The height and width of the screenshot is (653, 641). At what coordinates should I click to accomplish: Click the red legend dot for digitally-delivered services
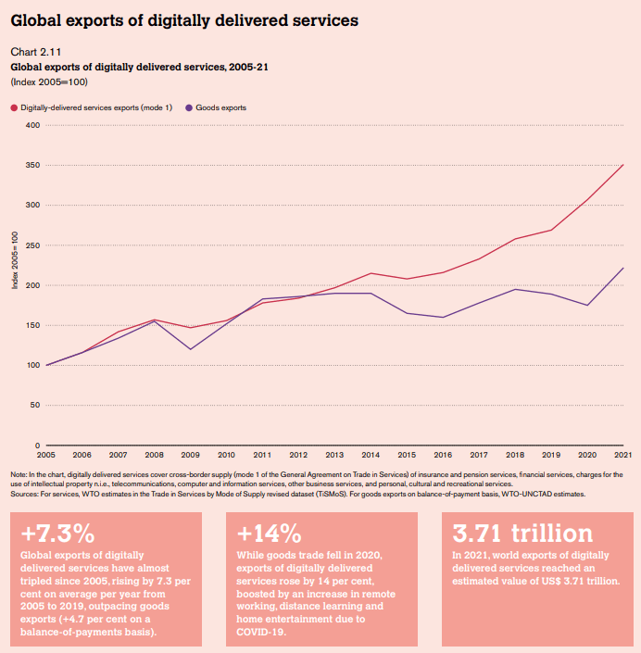[x=14, y=107]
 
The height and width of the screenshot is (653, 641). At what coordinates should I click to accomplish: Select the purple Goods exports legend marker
[x=190, y=107]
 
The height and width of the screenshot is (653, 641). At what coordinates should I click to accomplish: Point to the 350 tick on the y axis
[x=33, y=165]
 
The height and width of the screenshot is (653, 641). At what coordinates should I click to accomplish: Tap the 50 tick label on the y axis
[x=35, y=405]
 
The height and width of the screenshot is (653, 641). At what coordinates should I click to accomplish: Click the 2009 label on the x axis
[x=190, y=455]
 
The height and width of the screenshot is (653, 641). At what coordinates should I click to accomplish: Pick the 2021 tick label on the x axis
[x=623, y=455]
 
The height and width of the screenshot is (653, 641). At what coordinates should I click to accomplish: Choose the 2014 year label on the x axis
[x=371, y=455]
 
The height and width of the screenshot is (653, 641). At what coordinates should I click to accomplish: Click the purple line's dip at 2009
[x=191, y=349]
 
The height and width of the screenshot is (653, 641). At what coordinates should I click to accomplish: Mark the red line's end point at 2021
[x=623, y=165]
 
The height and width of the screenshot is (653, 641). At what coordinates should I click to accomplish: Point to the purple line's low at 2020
[x=587, y=305]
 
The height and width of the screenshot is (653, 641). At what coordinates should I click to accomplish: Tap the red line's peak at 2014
[x=371, y=273]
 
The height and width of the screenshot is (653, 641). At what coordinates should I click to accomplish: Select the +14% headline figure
[x=270, y=534]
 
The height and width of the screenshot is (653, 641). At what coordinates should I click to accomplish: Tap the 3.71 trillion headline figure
[x=522, y=534]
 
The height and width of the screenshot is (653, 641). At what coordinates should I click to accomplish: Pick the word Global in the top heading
[x=37, y=19]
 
